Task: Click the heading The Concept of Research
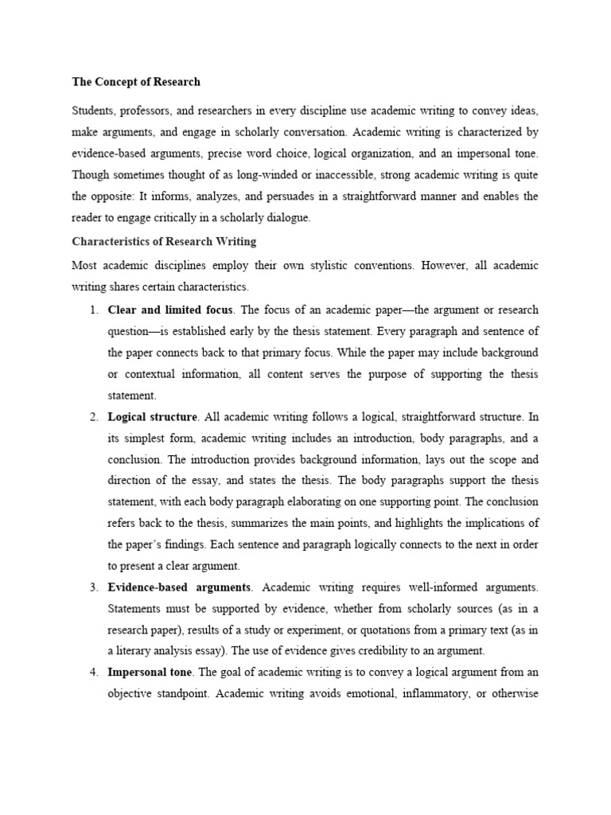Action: tap(136, 81)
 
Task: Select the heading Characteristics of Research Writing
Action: tap(165, 241)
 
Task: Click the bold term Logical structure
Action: tap(152, 416)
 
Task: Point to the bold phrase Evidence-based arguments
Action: tap(180, 587)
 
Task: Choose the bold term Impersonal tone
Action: tap(149, 673)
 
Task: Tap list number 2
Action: tap(93, 416)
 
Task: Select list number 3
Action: tap(93, 587)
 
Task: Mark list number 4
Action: tap(93, 673)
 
